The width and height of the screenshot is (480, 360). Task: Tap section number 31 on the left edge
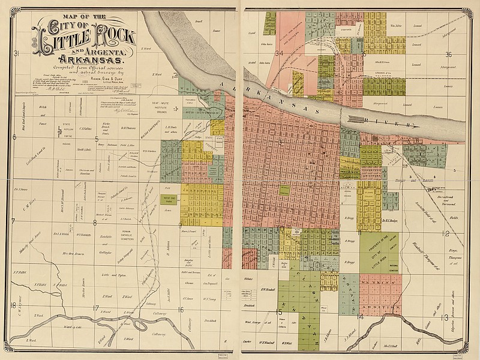pos(18,55)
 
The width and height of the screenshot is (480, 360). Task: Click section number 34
pos(279,53)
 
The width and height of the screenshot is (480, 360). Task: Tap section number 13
pos(445,317)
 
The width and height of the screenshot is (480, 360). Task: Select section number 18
pos(13,305)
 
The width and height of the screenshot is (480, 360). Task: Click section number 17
pos(95,308)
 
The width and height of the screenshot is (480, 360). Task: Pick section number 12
pos(445,233)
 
